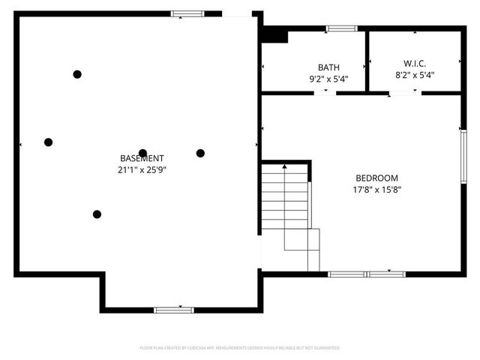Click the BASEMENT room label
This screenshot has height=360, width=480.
(x=142, y=158)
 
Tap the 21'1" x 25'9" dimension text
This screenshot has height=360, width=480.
(x=142, y=169)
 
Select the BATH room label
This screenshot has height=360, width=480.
(x=328, y=67)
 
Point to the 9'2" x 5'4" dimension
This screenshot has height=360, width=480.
(x=328, y=78)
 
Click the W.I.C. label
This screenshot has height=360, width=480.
(x=414, y=63)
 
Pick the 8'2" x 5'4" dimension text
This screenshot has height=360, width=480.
(x=414, y=75)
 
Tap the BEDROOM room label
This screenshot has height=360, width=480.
(x=376, y=178)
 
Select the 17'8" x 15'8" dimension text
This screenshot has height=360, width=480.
(x=376, y=190)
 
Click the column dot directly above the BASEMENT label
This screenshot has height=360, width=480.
(x=142, y=152)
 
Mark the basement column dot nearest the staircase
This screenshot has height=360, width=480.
(x=200, y=153)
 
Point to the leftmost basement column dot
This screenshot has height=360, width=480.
(x=48, y=142)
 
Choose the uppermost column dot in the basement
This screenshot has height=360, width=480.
(x=76, y=73)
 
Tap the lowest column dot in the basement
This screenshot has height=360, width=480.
(x=97, y=214)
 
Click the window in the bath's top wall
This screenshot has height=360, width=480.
(x=341, y=28)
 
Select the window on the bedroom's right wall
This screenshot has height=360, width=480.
(x=463, y=155)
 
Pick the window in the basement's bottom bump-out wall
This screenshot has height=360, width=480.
(x=173, y=310)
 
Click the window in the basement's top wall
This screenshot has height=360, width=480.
(x=187, y=13)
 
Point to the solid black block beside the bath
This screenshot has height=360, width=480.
(x=275, y=34)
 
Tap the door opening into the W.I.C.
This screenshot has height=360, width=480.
(x=403, y=93)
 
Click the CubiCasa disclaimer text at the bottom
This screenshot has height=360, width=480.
(x=240, y=348)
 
